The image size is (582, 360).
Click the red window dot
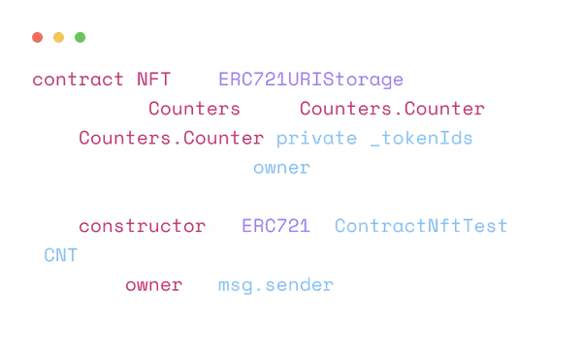(x=38, y=38)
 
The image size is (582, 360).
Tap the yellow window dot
(x=58, y=38)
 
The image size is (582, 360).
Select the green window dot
(x=81, y=38)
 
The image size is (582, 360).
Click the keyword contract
(x=78, y=80)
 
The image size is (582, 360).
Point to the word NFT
(x=153, y=79)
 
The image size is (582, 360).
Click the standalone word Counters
(x=194, y=109)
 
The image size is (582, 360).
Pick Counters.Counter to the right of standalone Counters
(x=392, y=109)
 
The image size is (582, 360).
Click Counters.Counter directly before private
(x=171, y=138)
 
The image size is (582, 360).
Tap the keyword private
(x=316, y=139)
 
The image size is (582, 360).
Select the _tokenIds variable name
(x=422, y=139)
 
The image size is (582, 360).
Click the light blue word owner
(x=281, y=168)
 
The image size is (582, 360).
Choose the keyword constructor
(x=143, y=226)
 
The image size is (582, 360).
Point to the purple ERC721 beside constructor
(x=275, y=226)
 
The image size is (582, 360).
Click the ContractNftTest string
(x=421, y=226)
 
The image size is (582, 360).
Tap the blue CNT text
(x=60, y=255)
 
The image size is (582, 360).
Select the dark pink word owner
(x=153, y=285)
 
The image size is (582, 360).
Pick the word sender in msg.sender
(x=299, y=285)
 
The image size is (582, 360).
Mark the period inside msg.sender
(x=259, y=290)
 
